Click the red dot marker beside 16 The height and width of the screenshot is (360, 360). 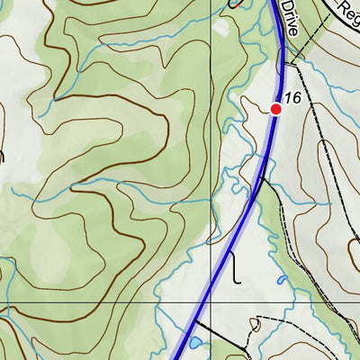275,108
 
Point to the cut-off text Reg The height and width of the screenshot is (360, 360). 346,11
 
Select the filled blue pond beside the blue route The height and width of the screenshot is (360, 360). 194,343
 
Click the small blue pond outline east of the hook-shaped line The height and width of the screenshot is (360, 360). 281,280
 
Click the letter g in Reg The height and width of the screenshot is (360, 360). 354,15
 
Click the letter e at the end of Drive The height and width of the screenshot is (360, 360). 292,30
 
